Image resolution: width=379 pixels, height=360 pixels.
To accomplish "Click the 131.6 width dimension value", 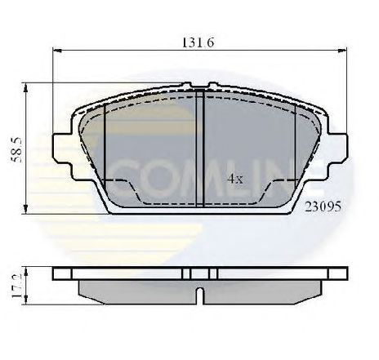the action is pos(198,42).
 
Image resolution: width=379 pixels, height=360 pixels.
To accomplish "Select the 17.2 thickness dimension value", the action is pos(16,286).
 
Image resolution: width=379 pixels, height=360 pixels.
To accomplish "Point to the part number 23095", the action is pos(323,207).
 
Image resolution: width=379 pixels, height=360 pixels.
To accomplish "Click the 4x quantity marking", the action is pos(235,179).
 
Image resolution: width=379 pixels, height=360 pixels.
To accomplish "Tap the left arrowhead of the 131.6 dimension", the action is pos(57,51).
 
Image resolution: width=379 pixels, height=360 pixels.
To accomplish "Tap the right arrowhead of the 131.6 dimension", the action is pos(342,51).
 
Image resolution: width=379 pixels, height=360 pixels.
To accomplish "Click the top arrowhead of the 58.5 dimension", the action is pos(26,88).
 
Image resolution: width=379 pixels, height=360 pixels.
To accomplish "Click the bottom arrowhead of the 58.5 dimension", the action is pos(26,209).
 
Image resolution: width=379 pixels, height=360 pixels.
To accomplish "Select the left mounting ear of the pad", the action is pos(63,149).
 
